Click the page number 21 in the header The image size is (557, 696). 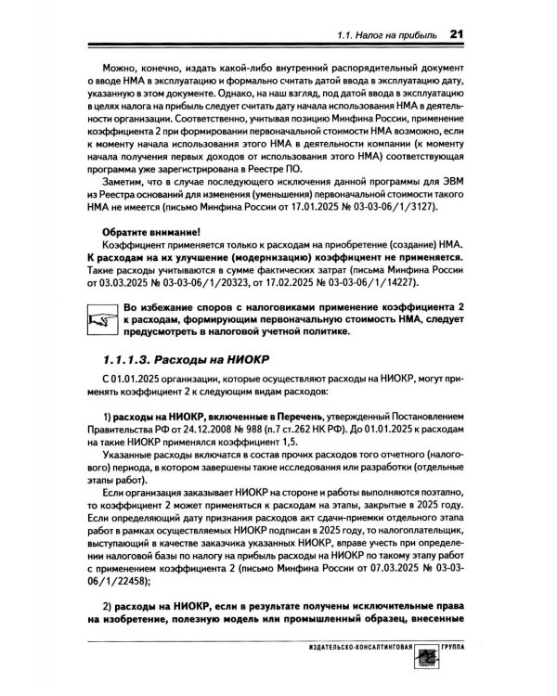(x=455, y=34)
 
